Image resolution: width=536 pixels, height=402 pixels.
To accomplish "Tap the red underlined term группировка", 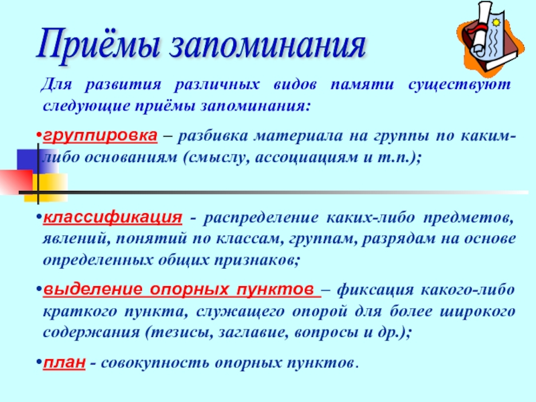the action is pos(100,136).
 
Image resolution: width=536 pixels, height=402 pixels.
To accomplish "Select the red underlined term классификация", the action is pos(113,217).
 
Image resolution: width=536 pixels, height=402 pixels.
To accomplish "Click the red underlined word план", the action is pos(64,362).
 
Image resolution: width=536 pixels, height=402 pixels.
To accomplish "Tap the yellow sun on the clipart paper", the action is pos(496,22).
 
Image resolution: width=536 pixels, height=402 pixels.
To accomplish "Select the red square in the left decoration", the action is pos(16,182).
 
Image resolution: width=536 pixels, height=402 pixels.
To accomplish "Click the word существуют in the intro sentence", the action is pos(460,84).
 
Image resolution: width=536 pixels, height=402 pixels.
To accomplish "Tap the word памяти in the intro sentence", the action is pos(362,84).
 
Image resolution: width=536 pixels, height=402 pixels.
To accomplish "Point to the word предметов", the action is pos(468,218).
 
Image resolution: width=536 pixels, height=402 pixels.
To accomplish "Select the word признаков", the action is pos(257,261).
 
